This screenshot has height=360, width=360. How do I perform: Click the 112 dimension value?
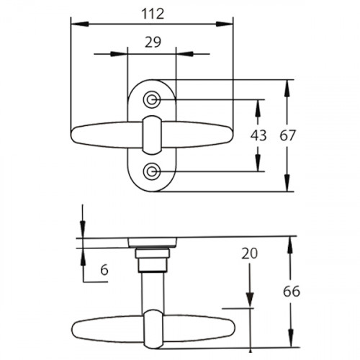[153, 14]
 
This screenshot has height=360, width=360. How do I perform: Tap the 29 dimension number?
[153, 42]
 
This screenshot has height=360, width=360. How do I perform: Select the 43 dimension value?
[258, 135]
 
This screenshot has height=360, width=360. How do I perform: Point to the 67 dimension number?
[288, 135]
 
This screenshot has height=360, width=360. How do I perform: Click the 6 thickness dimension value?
[104, 270]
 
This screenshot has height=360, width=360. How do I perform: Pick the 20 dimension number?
[250, 253]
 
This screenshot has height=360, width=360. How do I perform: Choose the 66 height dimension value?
[292, 292]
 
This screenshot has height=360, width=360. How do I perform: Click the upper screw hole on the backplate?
[151, 99]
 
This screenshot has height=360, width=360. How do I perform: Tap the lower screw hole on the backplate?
[151, 171]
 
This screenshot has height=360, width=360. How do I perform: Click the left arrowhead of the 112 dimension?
[80, 24]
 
